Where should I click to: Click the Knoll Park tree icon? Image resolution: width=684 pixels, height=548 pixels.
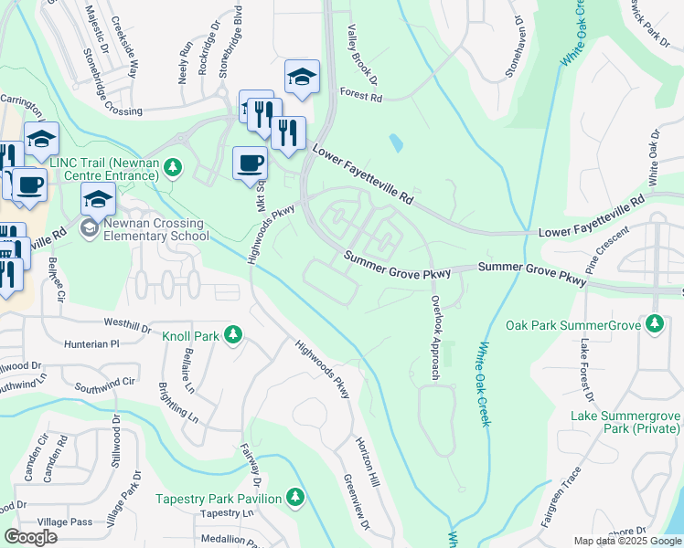(x=233, y=336)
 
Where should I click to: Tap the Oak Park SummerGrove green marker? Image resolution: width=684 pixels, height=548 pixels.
(x=655, y=324)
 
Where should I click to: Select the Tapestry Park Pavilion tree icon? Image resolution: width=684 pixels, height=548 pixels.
(x=294, y=498)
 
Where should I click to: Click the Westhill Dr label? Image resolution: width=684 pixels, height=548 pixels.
(x=127, y=323)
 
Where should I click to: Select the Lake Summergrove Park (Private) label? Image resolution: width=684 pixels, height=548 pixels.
(x=625, y=423)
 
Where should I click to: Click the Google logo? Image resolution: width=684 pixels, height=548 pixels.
(x=31, y=537)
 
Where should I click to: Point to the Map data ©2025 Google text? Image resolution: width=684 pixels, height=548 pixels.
(x=627, y=541)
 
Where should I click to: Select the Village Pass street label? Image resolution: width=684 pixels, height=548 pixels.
(x=72, y=522)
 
